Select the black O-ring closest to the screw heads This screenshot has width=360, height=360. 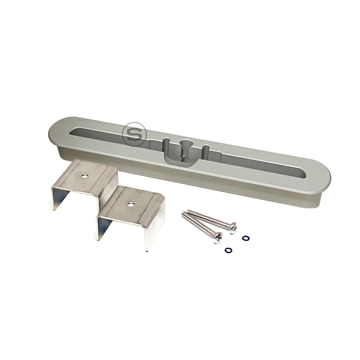pyautogui.click(x=245, y=237)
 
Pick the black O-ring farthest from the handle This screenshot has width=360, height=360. pyautogui.click(x=228, y=250)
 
